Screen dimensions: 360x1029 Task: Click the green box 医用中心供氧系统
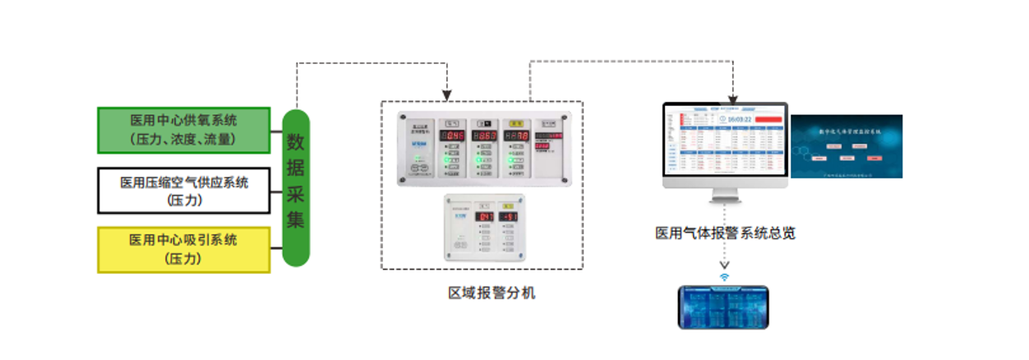point(183,130)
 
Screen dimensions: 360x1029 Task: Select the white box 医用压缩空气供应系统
point(183,190)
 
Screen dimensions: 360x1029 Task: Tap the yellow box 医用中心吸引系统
point(183,250)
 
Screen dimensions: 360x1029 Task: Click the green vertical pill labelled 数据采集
point(296,187)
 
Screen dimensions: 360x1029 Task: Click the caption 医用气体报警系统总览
point(725,233)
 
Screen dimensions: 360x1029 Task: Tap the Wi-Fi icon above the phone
point(724,277)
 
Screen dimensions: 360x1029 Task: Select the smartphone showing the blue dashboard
point(723,307)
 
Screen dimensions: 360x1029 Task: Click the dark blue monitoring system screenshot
point(846,146)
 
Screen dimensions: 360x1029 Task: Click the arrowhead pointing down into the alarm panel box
point(448,91)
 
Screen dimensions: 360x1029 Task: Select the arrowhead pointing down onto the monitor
point(732,85)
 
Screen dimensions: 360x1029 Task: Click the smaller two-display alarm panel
point(484,228)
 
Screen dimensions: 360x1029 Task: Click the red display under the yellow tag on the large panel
point(517,136)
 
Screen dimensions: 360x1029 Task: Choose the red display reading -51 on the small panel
point(509,217)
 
